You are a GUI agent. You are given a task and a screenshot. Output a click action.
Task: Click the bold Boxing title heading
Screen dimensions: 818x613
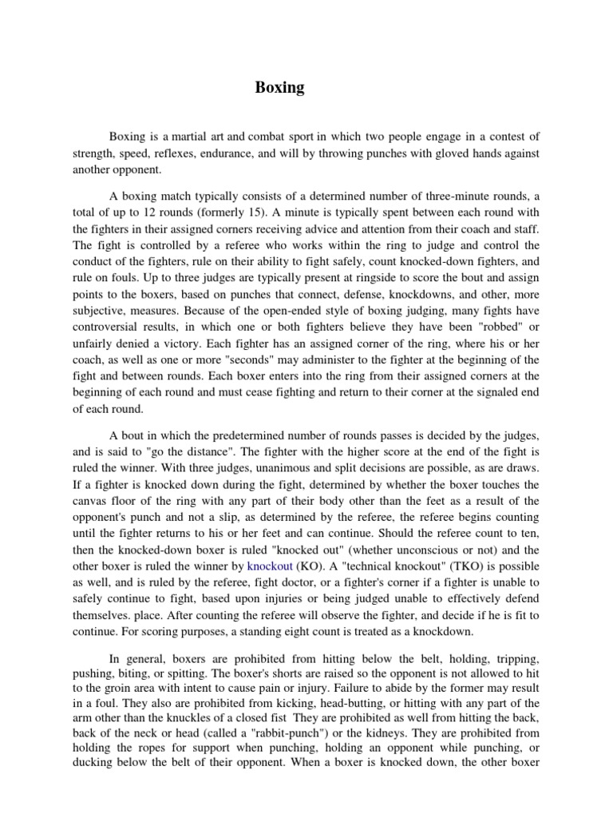(279, 88)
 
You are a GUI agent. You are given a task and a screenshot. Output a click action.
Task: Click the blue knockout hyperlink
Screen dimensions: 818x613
(271, 566)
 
